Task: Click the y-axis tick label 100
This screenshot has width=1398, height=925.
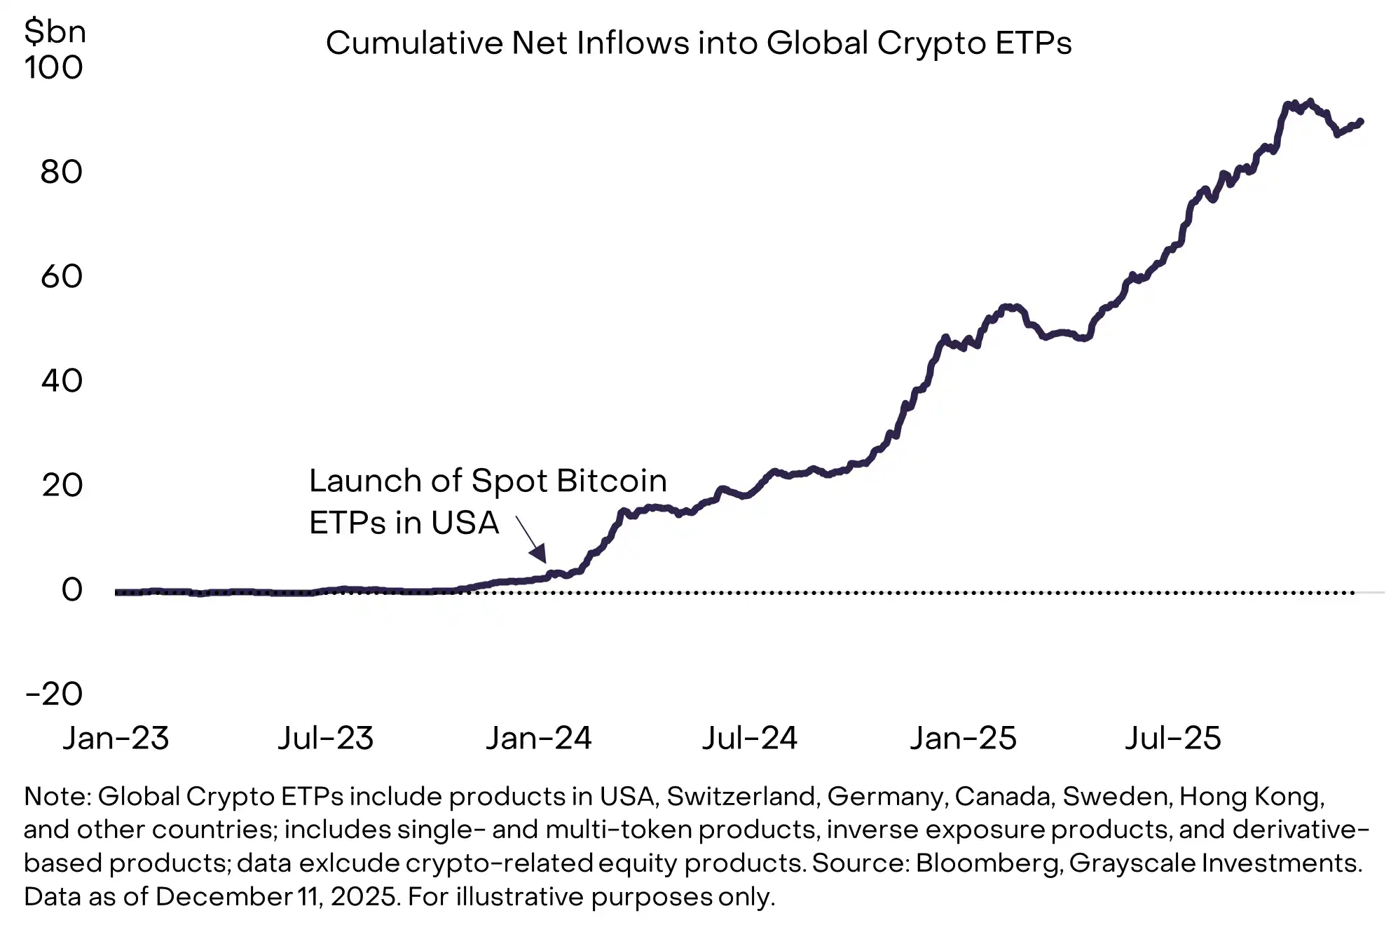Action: pyautogui.click(x=53, y=68)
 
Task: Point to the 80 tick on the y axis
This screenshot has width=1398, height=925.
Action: pyautogui.click(x=61, y=172)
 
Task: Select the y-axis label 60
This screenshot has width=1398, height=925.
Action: pyautogui.click(x=61, y=277)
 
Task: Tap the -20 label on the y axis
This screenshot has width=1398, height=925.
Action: pyautogui.click(x=53, y=694)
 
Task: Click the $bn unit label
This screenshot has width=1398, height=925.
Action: pyautogui.click(x=55, y=32)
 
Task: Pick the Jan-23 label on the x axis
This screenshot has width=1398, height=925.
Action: pyautogui.click(x=116, y=739)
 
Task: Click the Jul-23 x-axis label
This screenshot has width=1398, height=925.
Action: pyautogui.click(x=326, y=739)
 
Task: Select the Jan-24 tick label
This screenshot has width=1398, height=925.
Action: pyautogui.click(x=538, y=739)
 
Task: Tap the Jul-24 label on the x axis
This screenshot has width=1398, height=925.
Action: pyautogui.click(x=750, y=739)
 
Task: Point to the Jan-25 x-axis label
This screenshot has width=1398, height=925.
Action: pyautogui.click(x=963, y=739)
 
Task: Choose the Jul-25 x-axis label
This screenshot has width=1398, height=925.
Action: pyautogui.click(x=1173, y=739)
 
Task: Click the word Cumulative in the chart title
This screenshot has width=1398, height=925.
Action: pyautogui.click(x=414, y=43)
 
